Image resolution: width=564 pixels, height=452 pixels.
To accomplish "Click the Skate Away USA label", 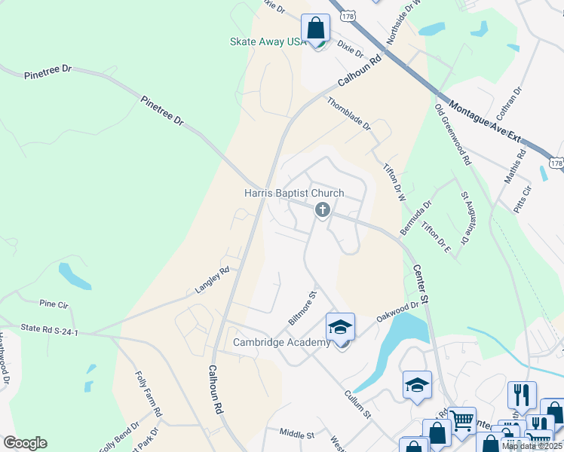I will pyautogui.click(x=268, y=41).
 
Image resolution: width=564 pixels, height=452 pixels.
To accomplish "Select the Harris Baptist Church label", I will pyautogui.click(x=294, y=193).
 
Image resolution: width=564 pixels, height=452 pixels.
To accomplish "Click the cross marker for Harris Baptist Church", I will pyautogui.click(x=322, y=210).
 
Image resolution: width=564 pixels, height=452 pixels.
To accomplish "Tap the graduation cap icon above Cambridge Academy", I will pyautogui.click(x=340, y=328).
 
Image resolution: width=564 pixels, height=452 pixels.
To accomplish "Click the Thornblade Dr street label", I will pyautogui.click(x=348, y=114).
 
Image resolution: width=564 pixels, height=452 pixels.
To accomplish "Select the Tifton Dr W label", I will pyautogui.click(x=394, y=182).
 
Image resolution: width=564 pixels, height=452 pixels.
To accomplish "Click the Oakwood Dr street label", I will pyautogui.click(x=398, y=309).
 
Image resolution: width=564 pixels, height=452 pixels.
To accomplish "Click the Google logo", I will pyautogui.click(x=24, y=443).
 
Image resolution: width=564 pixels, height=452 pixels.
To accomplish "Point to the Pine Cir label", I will pyautogui.click(x=54, y=304).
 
